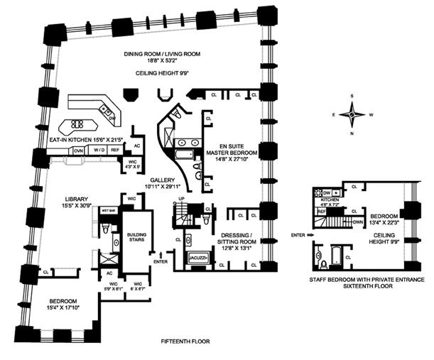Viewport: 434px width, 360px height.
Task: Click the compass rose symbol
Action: (x=352, y=114)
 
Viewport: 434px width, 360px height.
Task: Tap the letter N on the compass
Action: (x=352, y=133)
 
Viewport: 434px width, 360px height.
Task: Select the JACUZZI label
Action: (x=197, y=260)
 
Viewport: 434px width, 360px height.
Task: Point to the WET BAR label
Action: (x=109, y=212)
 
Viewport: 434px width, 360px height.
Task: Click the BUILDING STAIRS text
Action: (x=136, y=236)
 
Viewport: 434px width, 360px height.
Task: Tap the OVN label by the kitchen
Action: (x=79, y=151)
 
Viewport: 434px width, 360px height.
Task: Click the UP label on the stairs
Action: (x=180, y=198)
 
